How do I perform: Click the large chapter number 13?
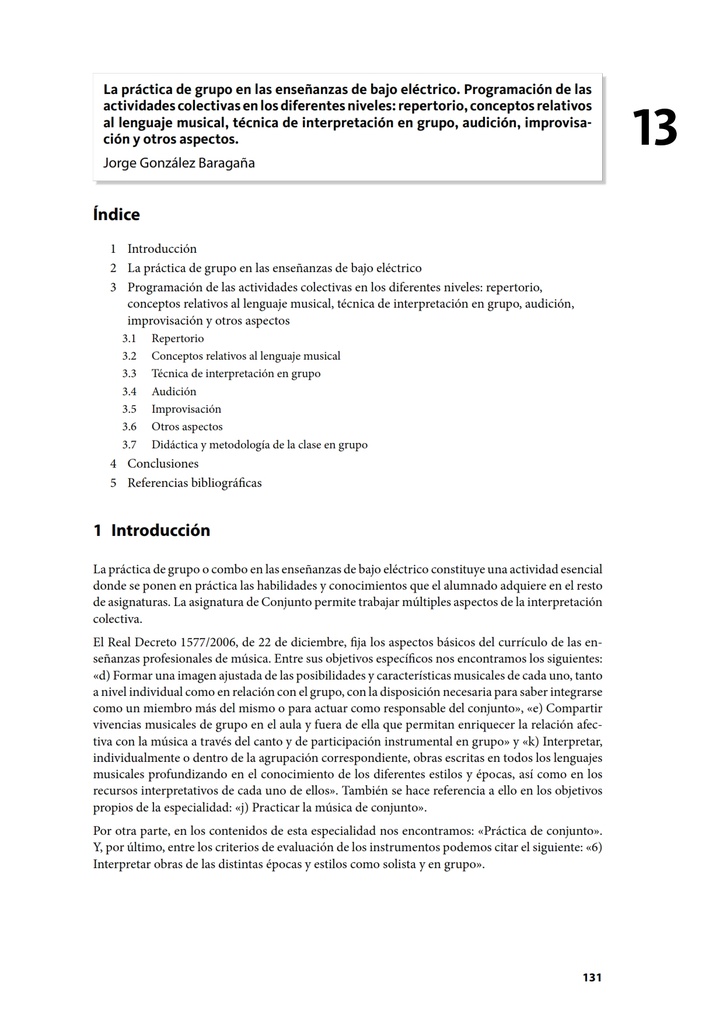tap(654, 129)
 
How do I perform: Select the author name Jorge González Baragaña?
tap(179, 162)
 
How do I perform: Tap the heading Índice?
tap(116, 214)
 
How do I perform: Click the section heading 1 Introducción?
tap(151, 530)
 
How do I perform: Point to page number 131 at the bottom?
tap(592, 978)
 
